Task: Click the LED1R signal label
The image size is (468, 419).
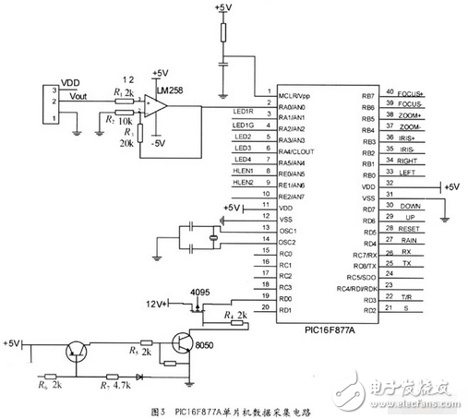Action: pos(243,114)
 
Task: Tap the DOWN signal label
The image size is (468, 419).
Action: pos(412,206)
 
